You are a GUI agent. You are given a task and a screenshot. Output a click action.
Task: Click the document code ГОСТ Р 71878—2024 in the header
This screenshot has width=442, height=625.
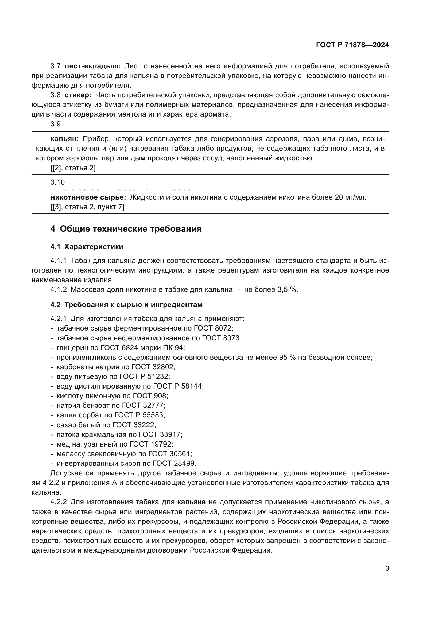click(352, 45)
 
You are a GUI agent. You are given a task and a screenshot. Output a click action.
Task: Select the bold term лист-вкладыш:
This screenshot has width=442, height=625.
click(92, 66)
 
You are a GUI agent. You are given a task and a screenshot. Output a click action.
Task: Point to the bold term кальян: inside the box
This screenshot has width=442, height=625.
click(65, 139)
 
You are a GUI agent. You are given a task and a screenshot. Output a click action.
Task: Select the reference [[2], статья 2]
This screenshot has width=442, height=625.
click(73, 168)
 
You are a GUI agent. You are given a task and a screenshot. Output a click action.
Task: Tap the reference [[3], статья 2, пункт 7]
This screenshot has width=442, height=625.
click(87, 207)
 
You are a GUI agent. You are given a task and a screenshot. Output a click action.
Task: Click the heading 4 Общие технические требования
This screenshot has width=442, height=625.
click(126, 229)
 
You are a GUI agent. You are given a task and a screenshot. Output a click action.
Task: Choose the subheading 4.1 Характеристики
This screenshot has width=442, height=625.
click(87, 247)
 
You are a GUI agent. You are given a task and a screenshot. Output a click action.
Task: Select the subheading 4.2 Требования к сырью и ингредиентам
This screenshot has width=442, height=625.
click(126, 305)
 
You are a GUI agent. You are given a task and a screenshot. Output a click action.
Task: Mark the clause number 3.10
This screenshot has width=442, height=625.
click(57, 183)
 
